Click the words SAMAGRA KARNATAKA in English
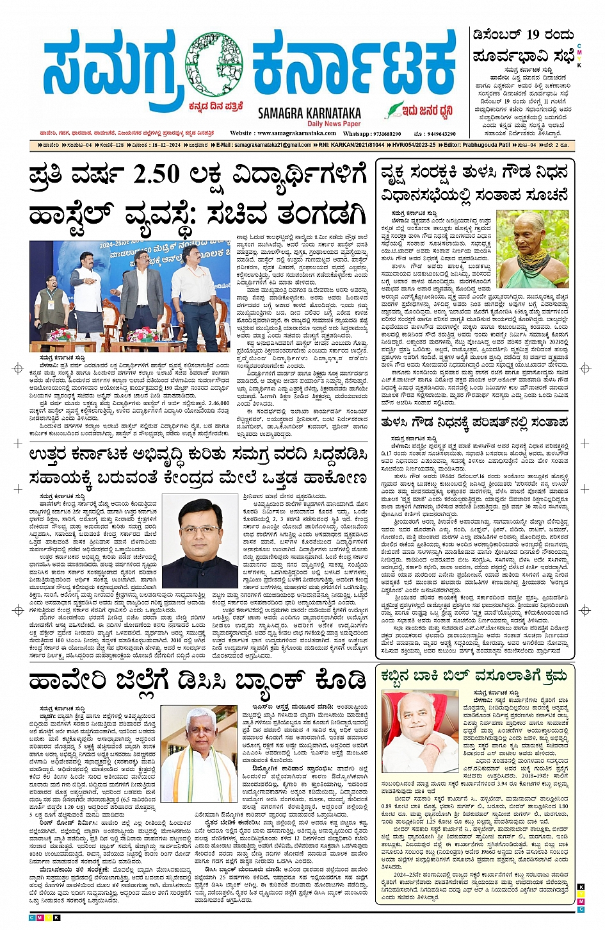tap(309, 113)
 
